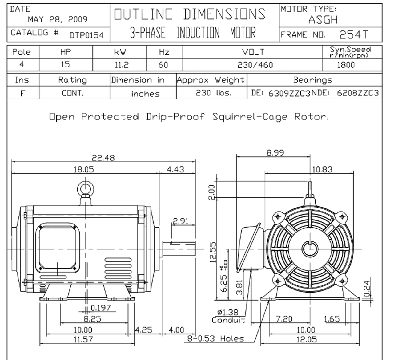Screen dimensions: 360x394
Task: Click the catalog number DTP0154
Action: (x=86, y=35)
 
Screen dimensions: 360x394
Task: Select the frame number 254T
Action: (x=353, y=35)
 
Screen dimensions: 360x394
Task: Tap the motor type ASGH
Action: (x=323, y=20)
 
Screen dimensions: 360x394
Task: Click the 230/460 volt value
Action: (x=255, y=65)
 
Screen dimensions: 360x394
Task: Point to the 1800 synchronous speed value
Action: (x=346, y=65)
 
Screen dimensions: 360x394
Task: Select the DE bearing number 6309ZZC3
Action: (x=289, y=93)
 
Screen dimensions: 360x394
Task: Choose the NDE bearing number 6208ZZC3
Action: (x=358, y=93)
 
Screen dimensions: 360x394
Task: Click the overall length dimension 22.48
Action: (x=103, y=158)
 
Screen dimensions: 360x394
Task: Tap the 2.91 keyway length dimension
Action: (x=180, y=221)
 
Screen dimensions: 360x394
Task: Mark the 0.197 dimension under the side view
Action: (x=100, y=308)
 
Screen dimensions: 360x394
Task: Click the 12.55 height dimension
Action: (x=213, y=252)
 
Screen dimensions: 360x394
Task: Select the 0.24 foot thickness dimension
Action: (x=367, y=288)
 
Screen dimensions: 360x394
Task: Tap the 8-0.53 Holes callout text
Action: (x=216, y=339)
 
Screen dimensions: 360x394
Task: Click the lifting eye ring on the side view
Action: (x=85, y=188)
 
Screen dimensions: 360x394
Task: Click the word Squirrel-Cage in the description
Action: (x=249, y=117)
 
